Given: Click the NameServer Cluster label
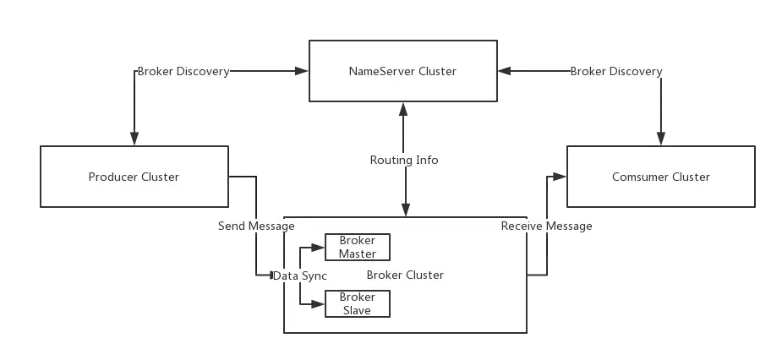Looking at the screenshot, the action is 402,71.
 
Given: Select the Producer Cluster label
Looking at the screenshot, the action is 134,177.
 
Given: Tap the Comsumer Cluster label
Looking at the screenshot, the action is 661,177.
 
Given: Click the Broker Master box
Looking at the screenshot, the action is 357,247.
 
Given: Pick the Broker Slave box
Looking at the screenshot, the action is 357,303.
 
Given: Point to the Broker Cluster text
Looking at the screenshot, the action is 405,275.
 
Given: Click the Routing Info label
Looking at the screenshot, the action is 404,160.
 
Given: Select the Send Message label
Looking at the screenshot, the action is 256,226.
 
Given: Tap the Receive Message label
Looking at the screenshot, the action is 547,226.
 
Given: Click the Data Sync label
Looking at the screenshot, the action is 300,275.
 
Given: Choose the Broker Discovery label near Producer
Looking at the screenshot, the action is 183,71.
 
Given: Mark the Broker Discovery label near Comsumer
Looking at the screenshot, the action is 616,71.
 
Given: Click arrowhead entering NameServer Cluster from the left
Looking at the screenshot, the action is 302,71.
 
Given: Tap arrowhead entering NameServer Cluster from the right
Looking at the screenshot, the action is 504,71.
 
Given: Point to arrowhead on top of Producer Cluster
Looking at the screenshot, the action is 134,139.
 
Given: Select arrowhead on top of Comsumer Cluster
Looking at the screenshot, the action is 661,139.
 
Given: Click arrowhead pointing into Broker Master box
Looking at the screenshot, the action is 318,248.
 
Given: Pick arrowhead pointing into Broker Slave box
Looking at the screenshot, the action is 318,303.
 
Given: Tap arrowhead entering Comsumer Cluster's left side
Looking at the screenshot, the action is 560,177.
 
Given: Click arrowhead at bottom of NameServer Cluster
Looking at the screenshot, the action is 403,109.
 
